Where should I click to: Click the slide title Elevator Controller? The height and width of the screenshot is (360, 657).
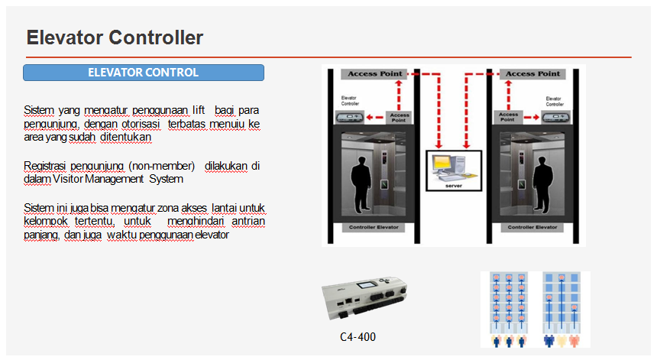tap(115, 37)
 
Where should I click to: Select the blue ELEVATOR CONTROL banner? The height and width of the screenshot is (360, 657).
tap(144, 73)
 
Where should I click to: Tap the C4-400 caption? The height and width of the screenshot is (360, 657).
tap(358, 337)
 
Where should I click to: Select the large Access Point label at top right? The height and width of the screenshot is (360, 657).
tap(532, 74)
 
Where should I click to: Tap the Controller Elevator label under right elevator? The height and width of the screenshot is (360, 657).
tap(532, 228)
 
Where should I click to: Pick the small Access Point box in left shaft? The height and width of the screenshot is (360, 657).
tap(400, 117)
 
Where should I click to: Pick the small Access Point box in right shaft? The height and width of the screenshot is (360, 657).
tap(509, 117)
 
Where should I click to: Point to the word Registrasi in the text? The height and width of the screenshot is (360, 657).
tap(44, 166)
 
